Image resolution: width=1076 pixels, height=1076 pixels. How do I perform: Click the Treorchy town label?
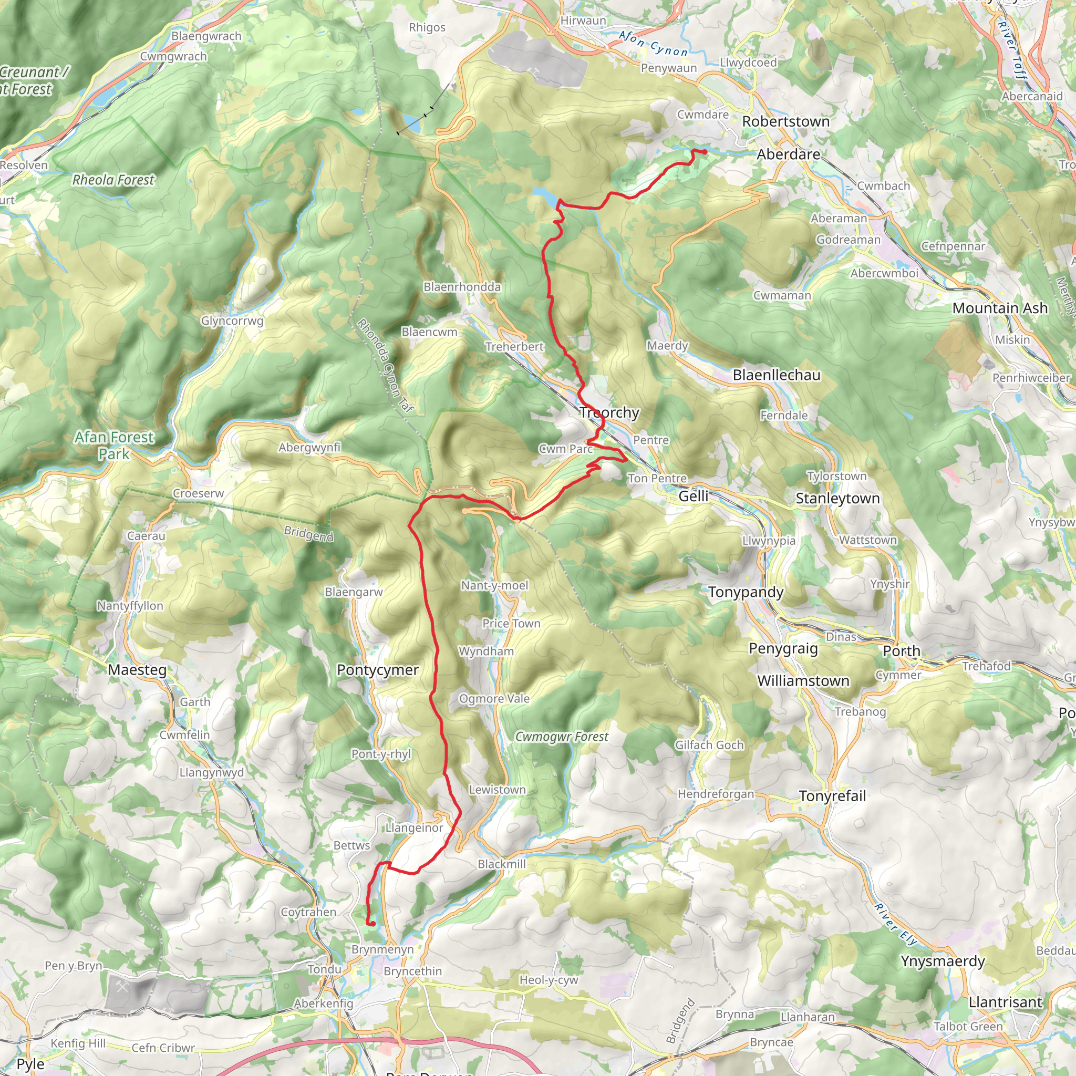coord(609,412)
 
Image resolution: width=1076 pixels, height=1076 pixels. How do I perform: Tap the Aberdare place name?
coord(788,154)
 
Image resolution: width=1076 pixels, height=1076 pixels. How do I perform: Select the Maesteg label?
coord(137,669)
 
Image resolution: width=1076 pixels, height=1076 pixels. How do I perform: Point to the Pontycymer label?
coord(378,670)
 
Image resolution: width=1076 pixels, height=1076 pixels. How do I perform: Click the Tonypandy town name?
coord(746,592)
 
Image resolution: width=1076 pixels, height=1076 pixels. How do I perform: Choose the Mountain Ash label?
coord(1000,308)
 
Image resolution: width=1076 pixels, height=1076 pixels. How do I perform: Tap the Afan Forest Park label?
coord(114,446)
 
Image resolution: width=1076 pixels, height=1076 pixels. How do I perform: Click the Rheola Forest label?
coord(113,180)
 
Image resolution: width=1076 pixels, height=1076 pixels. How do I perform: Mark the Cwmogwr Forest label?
coord(562,737)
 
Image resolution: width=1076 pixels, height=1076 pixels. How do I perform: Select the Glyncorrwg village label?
coord(232,321)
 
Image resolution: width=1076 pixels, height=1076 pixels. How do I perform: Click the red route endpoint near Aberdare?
coord(705,151)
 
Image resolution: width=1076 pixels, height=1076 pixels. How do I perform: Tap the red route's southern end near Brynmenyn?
coord(370,924)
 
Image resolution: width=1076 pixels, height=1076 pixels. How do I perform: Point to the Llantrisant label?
coord(1005,1002)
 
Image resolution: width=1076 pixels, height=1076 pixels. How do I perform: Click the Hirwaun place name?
coord(583,20)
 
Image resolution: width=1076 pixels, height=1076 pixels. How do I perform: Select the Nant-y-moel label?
coord(494,585)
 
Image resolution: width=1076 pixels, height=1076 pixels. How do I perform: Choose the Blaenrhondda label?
coord(462,287)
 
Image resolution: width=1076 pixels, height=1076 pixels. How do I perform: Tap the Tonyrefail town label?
coord(832,796)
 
